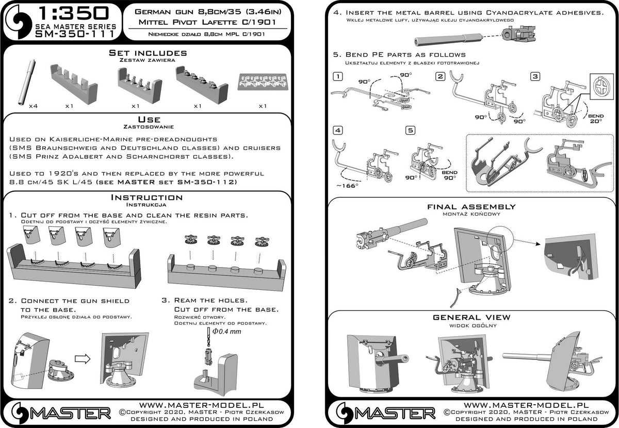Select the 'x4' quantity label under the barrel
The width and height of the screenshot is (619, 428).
coord(34,106)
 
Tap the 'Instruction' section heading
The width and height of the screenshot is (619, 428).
coord(147,197)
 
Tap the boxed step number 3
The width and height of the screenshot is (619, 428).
coord(535,76)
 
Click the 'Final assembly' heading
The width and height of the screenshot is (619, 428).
coord(471,207)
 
